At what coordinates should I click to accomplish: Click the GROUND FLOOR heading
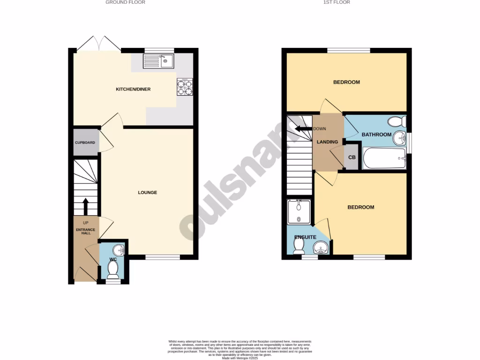[x=125, y=2]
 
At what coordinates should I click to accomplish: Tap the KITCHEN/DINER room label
[x=133, y=89]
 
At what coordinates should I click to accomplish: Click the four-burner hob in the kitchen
[x=184, y=86]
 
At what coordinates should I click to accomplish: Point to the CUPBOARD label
[x=85, y=142]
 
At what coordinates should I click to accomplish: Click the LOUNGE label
[x=147, y=193]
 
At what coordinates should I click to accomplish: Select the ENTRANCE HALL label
[x=85, y=231]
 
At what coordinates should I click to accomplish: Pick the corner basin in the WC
[x=120, y=250]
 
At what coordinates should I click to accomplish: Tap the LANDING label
[x=327, y=142]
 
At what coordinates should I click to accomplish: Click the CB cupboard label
[x=352, y=158]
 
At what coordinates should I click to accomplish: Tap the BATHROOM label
[x=376, y=135]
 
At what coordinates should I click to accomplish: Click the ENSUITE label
[x=305, y=237]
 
